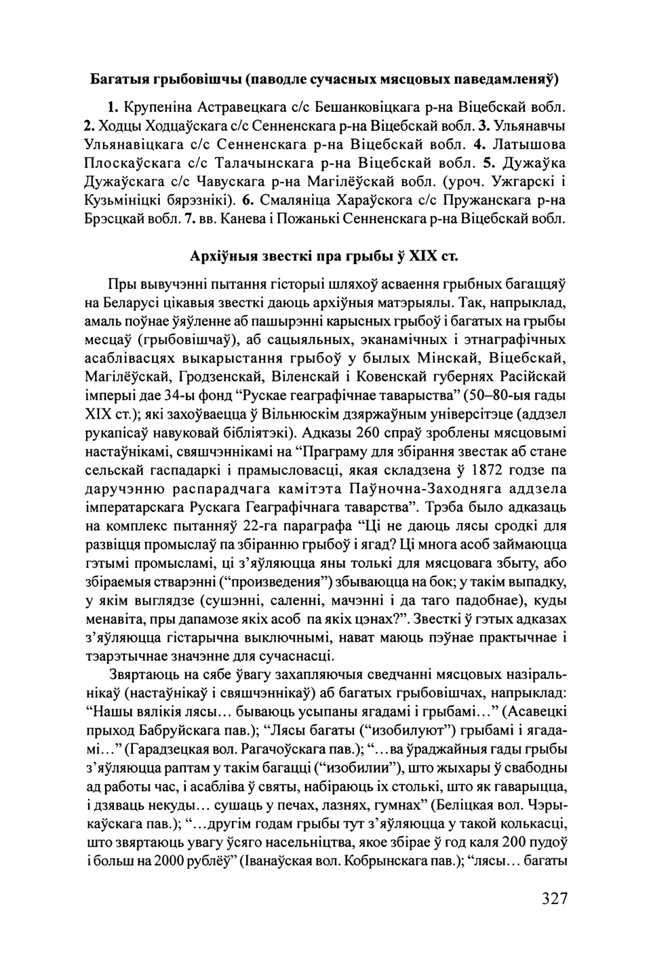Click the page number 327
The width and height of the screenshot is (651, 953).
[x=554, y=899]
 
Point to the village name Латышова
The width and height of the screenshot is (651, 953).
[x=529, y=144]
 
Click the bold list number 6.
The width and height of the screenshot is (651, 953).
[x=248, y=201]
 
